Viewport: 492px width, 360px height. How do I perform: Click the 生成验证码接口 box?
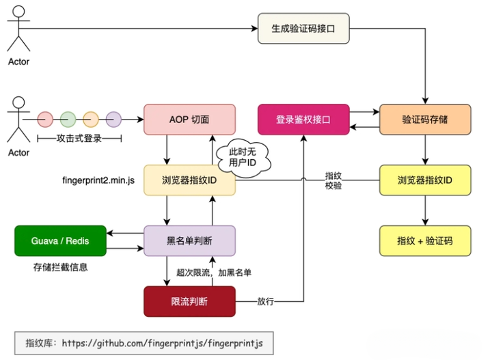coord(303,29)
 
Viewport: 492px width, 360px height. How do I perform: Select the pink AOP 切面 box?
coord(189,120)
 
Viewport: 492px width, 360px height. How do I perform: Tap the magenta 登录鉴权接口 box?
coord(303,120)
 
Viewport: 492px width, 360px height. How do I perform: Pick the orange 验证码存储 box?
coord(425,120)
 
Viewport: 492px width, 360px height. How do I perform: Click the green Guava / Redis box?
coord(60,241)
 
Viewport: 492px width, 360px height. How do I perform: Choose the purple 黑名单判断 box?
coord(189,241)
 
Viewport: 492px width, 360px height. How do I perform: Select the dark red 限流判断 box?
coord(189,301)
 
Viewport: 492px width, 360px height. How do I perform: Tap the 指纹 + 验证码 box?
coord(425,241)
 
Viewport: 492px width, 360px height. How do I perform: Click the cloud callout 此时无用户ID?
coord(243,157)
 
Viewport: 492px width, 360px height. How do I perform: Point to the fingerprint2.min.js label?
coord(98,180)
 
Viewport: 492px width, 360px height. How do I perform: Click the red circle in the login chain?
coord(45,120)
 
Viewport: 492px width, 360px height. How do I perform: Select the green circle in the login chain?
coord(68,120)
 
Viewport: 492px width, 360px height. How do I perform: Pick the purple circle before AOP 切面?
coord(113,120)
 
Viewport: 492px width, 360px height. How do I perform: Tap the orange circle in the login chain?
coord(91,120)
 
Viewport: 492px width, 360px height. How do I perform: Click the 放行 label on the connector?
coord(265,301)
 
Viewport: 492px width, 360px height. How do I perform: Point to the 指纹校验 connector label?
coord(333,180)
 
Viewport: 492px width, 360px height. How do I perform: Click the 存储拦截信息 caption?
coord(60,267)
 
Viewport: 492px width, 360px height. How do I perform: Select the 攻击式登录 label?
coord(79,138)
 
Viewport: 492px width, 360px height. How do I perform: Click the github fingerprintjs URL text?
coord(162,343)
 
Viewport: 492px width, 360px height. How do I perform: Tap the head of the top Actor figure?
coord(18,12)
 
